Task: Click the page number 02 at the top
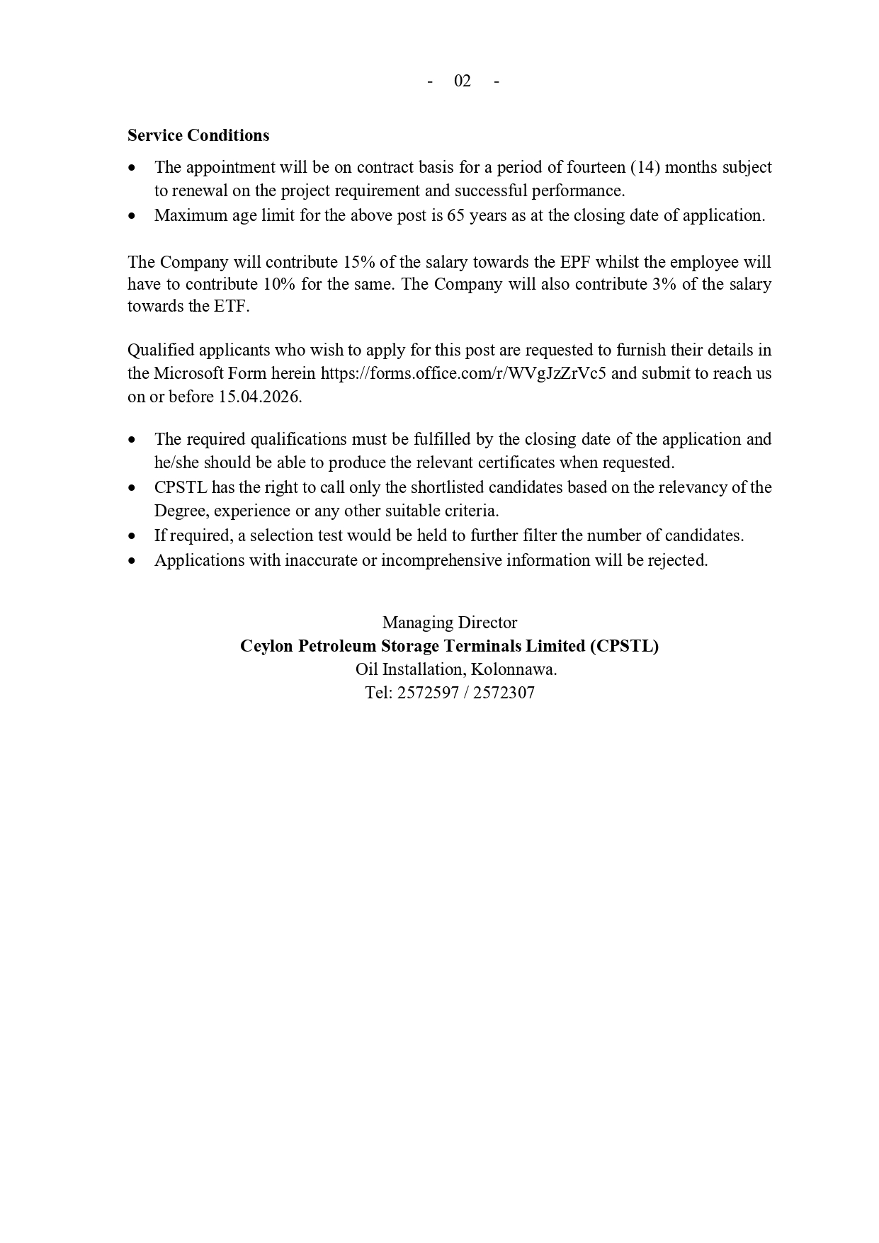pos(462,81)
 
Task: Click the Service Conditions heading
pos(198,135)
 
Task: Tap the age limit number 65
pos(455,215)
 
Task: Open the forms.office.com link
pos(463,373)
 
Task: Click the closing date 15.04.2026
pos(260,397)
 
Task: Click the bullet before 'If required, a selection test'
pos(132,536)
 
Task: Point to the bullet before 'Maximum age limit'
pos(132,216)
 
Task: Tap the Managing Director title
pos(450,623)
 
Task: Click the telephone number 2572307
pos(504,693)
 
